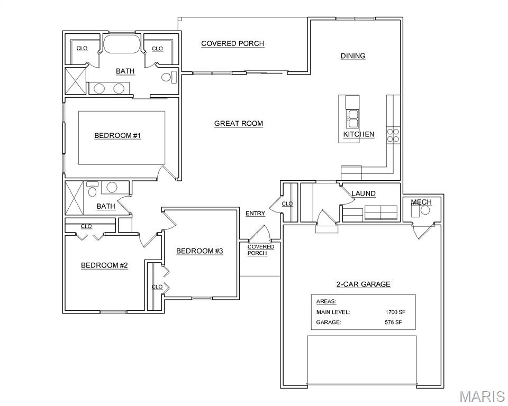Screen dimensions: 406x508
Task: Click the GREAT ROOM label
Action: (238, 124)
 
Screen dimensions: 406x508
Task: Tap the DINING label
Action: (352, 56)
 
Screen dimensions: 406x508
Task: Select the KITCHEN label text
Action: (359, 134)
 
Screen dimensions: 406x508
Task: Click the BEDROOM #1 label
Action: (117, 136)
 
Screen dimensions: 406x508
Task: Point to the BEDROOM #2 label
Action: (104, 265)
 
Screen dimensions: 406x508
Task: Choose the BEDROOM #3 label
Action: (199, 251)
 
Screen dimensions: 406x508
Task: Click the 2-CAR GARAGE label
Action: (363, 284)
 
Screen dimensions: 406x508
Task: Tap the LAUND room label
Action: (364, 194)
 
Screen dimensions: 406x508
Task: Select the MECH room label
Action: (421, 202)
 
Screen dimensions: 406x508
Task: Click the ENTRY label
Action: (255, 214)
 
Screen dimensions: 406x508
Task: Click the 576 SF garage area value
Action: (393, 322)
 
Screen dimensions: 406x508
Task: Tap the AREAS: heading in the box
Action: (325, 302)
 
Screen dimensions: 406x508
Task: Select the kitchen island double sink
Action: (352, 119)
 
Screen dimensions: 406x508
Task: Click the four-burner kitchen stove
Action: (393, 135)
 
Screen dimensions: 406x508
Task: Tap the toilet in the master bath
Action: (167, 78)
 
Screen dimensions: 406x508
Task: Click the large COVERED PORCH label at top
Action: (232, 44)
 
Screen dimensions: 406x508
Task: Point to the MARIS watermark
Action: (482, 396)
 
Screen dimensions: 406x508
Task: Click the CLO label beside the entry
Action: (287, 204)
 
